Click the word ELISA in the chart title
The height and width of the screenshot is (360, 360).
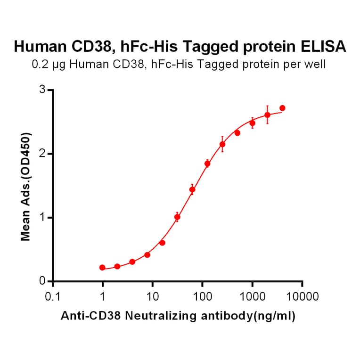(x=323, y=46)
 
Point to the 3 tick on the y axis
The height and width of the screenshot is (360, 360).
(x=43, y=90)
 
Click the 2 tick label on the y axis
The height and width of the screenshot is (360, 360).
(x=43, y=154)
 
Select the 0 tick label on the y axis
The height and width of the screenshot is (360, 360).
(x=43, y=281)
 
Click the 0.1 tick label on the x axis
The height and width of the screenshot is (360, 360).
(x=53, y=297)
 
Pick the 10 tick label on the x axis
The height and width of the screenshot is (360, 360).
(x=152, y=297)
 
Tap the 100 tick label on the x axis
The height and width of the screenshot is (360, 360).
(x=202, y=297)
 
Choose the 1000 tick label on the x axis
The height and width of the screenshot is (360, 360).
(x=252, y=297)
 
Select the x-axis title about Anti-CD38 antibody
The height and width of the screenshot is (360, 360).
(x=178, y=317)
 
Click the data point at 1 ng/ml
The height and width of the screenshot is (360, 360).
(x=102, y=268)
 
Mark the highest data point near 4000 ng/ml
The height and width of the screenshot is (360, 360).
(x=282, y=108)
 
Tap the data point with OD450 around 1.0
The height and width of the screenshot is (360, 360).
(x=177, y=217)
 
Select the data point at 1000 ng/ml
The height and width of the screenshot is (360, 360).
(x=252, y=123)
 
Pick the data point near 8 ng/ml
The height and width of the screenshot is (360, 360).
(x=147, y=255)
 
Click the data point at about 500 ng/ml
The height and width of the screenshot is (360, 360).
(x=237, y=133)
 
